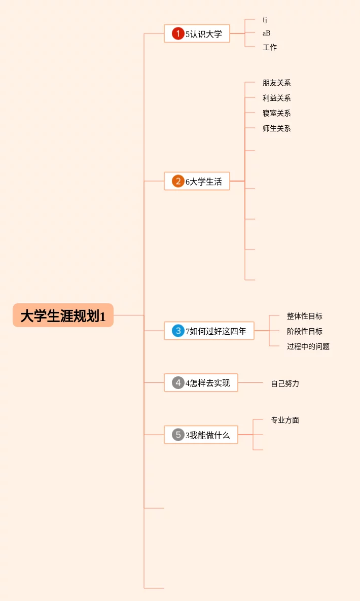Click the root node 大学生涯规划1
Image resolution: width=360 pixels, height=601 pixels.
click(63, 315)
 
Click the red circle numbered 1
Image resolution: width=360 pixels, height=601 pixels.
click(178, 34)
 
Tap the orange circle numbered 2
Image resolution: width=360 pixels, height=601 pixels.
click(178, 181)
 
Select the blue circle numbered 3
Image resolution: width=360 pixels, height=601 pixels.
click(178, 331)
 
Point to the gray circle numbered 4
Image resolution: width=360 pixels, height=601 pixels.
click(178, 383)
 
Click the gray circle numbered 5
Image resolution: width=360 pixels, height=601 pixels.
click(178, 435)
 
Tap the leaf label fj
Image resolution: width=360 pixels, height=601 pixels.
click(265, 20)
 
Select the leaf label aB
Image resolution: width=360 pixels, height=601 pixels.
click(266, 33)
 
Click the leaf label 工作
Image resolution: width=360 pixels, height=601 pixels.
click(270, 47)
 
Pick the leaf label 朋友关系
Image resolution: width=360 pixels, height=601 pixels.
click(277, 83)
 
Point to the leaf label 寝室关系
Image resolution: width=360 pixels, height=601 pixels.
click(277, 113)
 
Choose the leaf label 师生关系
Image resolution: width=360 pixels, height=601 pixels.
click(277, 128)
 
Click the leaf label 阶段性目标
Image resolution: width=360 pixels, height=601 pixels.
click(305, 331)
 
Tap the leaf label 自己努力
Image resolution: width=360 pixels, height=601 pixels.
click(285, 383)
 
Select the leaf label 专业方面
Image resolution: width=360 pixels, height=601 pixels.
click(285, 420)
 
